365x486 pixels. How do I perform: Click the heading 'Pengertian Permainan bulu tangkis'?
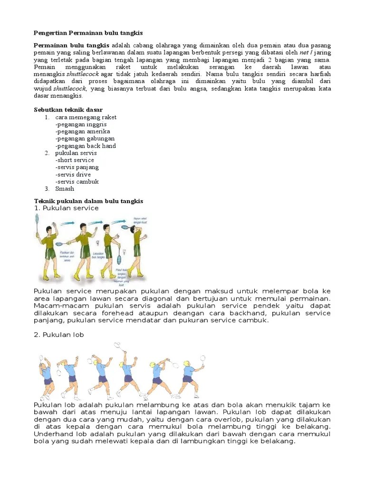click(x=88, y=33)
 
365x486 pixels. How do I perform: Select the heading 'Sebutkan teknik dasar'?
click(x=68, y=110)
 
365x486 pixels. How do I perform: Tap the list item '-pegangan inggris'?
click(x=80, y=124)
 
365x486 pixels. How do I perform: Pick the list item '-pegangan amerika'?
click(x=82, y=131)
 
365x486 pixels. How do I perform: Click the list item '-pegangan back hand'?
click(x=85, y=146)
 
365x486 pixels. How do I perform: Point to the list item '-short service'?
click(x=75, y=160)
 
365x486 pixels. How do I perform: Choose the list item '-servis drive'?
click(x=73, y=174)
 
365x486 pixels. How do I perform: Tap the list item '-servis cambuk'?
click(x=77, y=181)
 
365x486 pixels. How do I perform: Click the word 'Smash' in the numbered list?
click(x=65, y=188)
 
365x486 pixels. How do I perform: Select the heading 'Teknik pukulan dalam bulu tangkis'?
click(x=88, y=201)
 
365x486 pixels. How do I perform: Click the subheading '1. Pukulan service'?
click(x=66, y=208)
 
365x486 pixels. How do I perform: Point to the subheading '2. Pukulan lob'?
click(x=58, y=335)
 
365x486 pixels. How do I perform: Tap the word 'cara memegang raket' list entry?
click(x=86, y=117)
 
